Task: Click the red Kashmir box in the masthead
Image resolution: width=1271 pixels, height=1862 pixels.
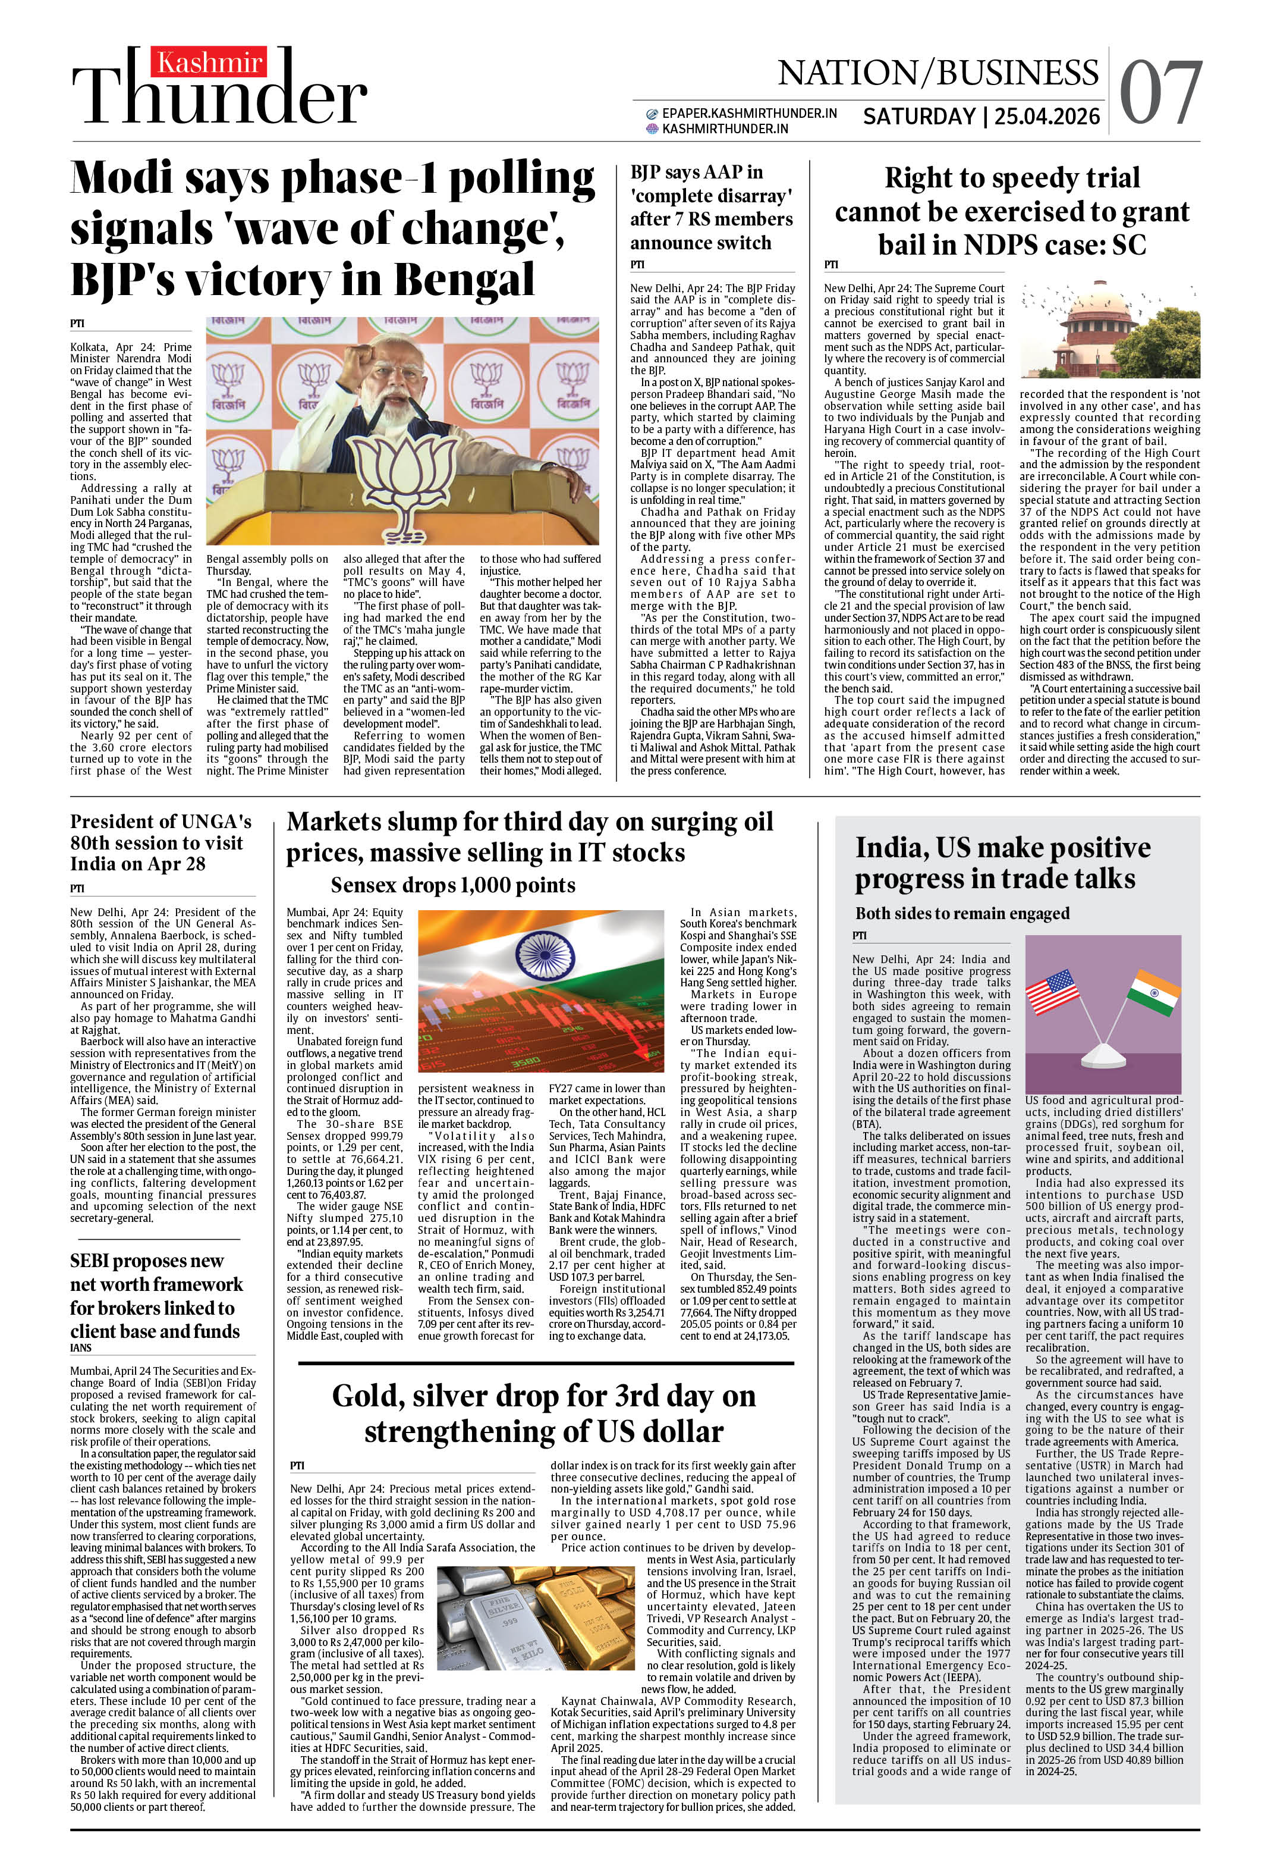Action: [210, 62]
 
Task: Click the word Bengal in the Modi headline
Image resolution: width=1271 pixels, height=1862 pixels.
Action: [464, 280]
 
